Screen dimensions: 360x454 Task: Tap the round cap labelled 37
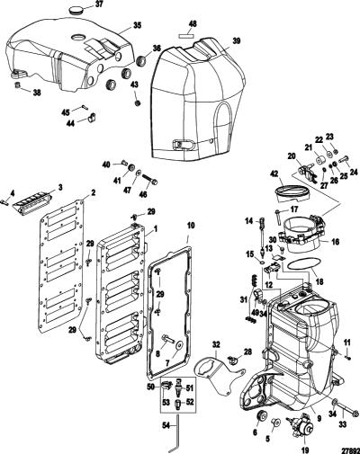(75, 11)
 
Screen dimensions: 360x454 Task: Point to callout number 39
(236, 41)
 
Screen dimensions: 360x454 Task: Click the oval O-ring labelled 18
(301, 265)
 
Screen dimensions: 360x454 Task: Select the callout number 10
(191, 226)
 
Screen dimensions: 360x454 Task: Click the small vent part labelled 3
(32, 203)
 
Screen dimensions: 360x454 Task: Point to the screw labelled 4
(4, 202)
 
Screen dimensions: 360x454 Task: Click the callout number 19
(305, 449)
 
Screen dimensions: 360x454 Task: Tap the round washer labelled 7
(180, 345)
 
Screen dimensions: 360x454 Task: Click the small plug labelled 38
(18, 85)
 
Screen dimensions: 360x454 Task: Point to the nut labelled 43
(138, 103)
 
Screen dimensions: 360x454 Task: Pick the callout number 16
(335, 241)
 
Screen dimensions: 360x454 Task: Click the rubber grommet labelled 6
(263, 415)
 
